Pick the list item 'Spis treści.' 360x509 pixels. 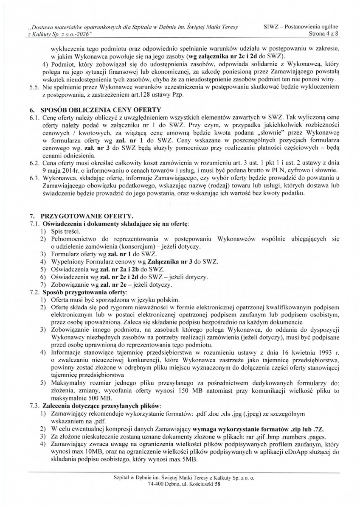68,231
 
